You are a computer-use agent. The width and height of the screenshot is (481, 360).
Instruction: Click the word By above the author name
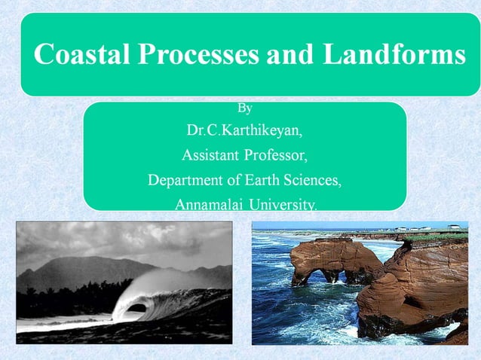pos(244,110)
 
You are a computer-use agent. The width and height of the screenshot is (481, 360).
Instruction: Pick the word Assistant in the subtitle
pos(209,156)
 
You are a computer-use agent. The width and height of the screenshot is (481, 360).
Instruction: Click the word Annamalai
pos(208,204)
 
